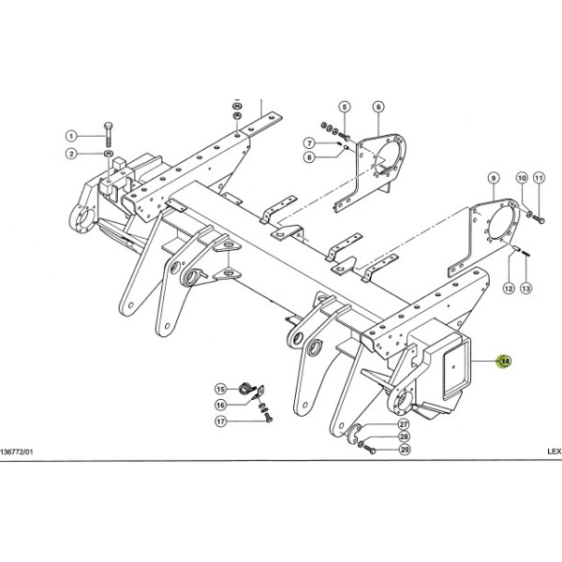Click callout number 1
tap(71, 136)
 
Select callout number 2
tap(71, 155)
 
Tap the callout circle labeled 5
tap(345, 107)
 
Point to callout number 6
tap(378, 107)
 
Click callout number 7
tap(309, 143)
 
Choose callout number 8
tap(309, 157)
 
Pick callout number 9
tap(494, 178)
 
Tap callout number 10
tap(522, 178)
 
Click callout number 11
tap(539, 178)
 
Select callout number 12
tap(509, 288)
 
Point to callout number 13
tap(525, 288)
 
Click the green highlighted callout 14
tap(505, 361)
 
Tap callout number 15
tap(221, 390)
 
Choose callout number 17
tap(221, 421)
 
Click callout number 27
tap(404, 424)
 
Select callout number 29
tap(405, 450)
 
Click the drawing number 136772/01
tap(17, 451)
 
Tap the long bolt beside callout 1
tap(109, 134)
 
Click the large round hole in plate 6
tap(384, 155)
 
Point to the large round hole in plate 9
tap(500, 223)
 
